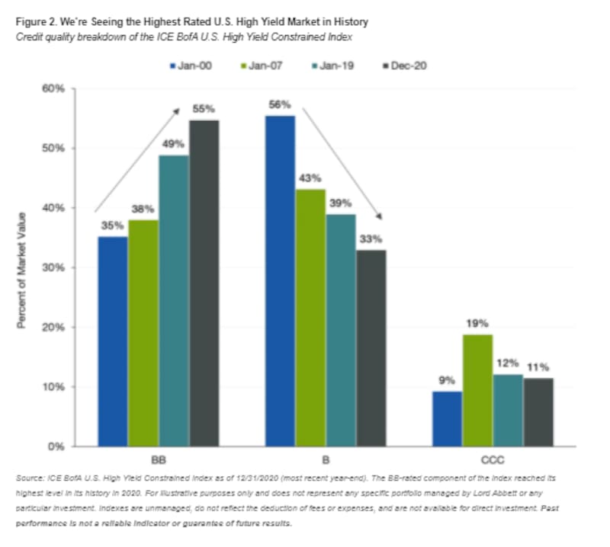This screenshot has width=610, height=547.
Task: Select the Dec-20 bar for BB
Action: point(204,283)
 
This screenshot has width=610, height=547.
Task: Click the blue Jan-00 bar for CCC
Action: point(447,418)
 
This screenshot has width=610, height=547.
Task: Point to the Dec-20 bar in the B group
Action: point(371,347)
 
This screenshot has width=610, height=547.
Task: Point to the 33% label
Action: point(371,239)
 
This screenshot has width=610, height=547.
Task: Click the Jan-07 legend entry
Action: point(262,66)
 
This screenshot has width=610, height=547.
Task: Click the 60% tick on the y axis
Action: point(58,89)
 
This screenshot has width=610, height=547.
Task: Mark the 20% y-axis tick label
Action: point(58,328)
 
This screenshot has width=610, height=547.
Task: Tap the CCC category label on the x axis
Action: point(492,460)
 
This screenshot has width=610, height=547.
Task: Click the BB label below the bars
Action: point(159,460)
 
